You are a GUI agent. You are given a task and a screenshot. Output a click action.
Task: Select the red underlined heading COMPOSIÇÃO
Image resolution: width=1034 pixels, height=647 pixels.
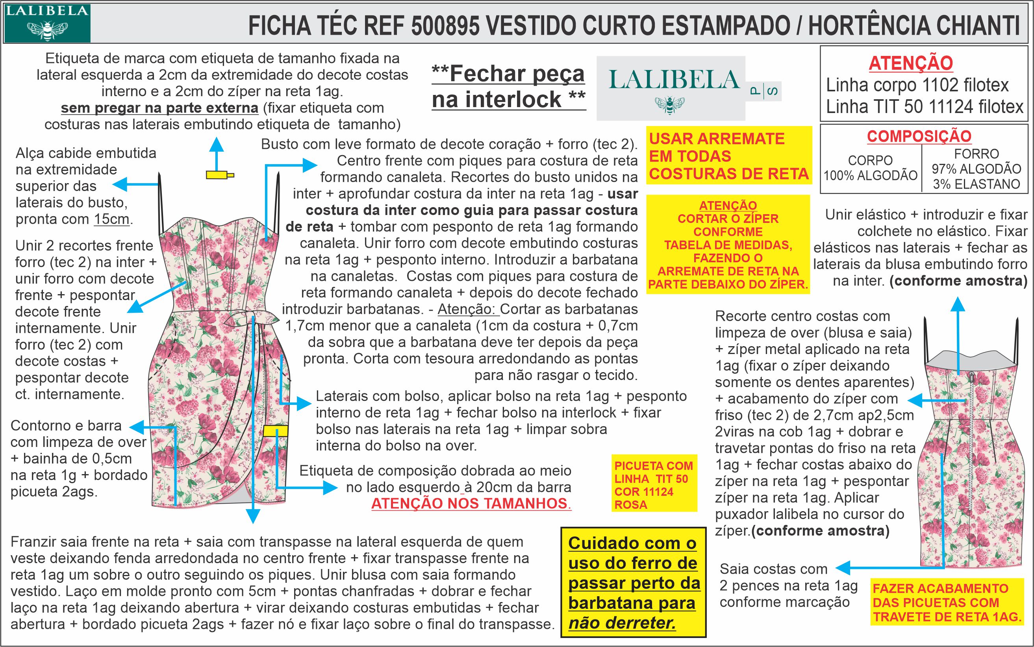(919, 136)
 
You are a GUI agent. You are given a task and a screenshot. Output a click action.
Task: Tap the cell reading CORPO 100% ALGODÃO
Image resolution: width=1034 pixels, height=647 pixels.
(870, 168)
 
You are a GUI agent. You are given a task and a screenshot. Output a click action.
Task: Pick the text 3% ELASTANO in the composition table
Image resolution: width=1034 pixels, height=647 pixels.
(976, 184)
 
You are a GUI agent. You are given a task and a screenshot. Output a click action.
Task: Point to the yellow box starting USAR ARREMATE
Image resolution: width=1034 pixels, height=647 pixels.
(728, 156)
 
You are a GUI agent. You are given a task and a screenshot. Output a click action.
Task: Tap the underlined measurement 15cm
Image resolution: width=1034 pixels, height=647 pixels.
(112, 219)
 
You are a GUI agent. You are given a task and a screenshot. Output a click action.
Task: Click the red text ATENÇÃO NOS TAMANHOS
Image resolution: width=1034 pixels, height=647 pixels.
(471, 504)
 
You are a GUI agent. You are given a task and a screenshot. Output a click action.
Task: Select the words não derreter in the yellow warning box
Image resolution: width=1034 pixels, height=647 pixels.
(622, 623)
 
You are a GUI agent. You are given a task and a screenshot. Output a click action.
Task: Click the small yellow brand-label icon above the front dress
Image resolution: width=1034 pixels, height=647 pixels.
(219, 174)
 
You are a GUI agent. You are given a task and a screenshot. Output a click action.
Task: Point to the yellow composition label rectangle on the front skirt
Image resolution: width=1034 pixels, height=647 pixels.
(275, 430)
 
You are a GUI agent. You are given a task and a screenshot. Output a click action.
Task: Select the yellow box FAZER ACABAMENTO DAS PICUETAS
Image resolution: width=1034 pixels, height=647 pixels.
(947, 602)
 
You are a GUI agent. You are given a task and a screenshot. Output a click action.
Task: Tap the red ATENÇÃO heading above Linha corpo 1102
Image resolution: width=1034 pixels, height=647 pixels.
(911, 63)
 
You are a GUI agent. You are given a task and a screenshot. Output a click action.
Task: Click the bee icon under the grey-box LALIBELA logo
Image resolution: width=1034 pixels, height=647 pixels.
(669, 104)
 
